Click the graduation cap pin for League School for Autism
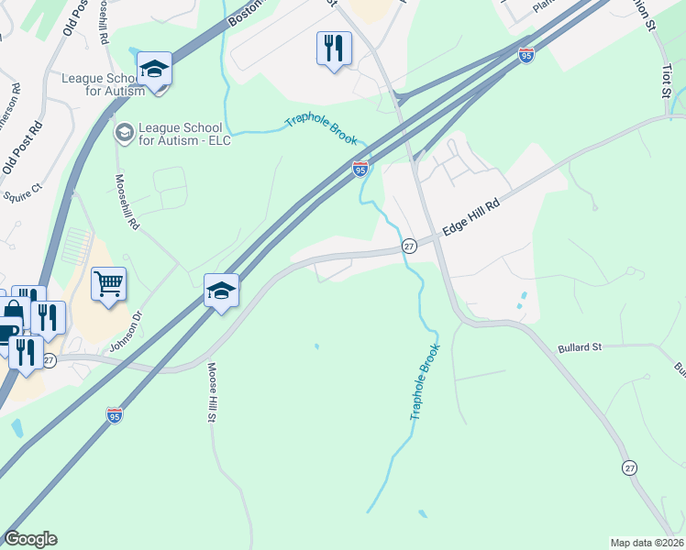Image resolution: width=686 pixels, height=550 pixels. [x=155, y=69]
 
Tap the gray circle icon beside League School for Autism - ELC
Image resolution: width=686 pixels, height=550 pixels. [x=123, y=133]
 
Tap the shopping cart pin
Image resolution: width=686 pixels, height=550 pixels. [x=108, y=284]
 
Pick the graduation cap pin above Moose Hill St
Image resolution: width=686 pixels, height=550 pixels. [x=221, y=291]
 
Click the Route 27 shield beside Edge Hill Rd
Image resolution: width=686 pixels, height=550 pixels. [x=409, y=246]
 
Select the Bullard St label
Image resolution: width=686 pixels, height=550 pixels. [x=579, y=348]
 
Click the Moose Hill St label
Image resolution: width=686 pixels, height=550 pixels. [x=211, y=392]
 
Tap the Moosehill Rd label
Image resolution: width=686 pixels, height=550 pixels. [x=126, y=202]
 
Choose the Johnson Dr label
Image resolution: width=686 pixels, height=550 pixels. [x=127, y=333]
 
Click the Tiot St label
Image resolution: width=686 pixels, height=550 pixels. [x=667, y=78]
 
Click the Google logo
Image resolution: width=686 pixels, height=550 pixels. [x=30, y=539]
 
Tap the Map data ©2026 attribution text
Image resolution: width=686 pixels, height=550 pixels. [x=647, y=542]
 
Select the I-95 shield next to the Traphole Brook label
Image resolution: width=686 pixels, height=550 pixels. [x=360, y=170]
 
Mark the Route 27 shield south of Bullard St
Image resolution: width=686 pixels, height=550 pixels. [x=629, y=467]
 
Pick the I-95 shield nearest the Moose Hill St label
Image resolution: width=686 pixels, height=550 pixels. [x=115, y=415]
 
